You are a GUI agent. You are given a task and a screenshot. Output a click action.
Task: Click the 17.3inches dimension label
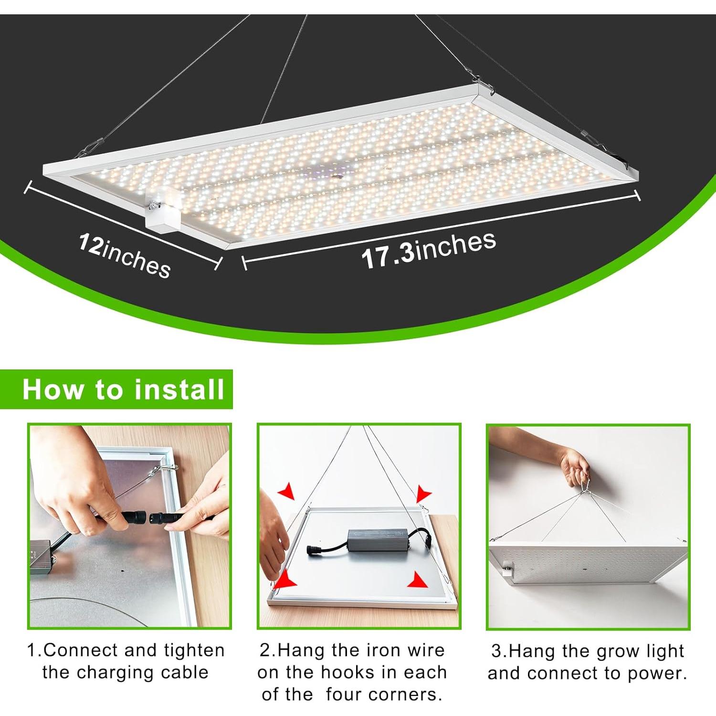428,250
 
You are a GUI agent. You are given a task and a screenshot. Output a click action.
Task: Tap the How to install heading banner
123,389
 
